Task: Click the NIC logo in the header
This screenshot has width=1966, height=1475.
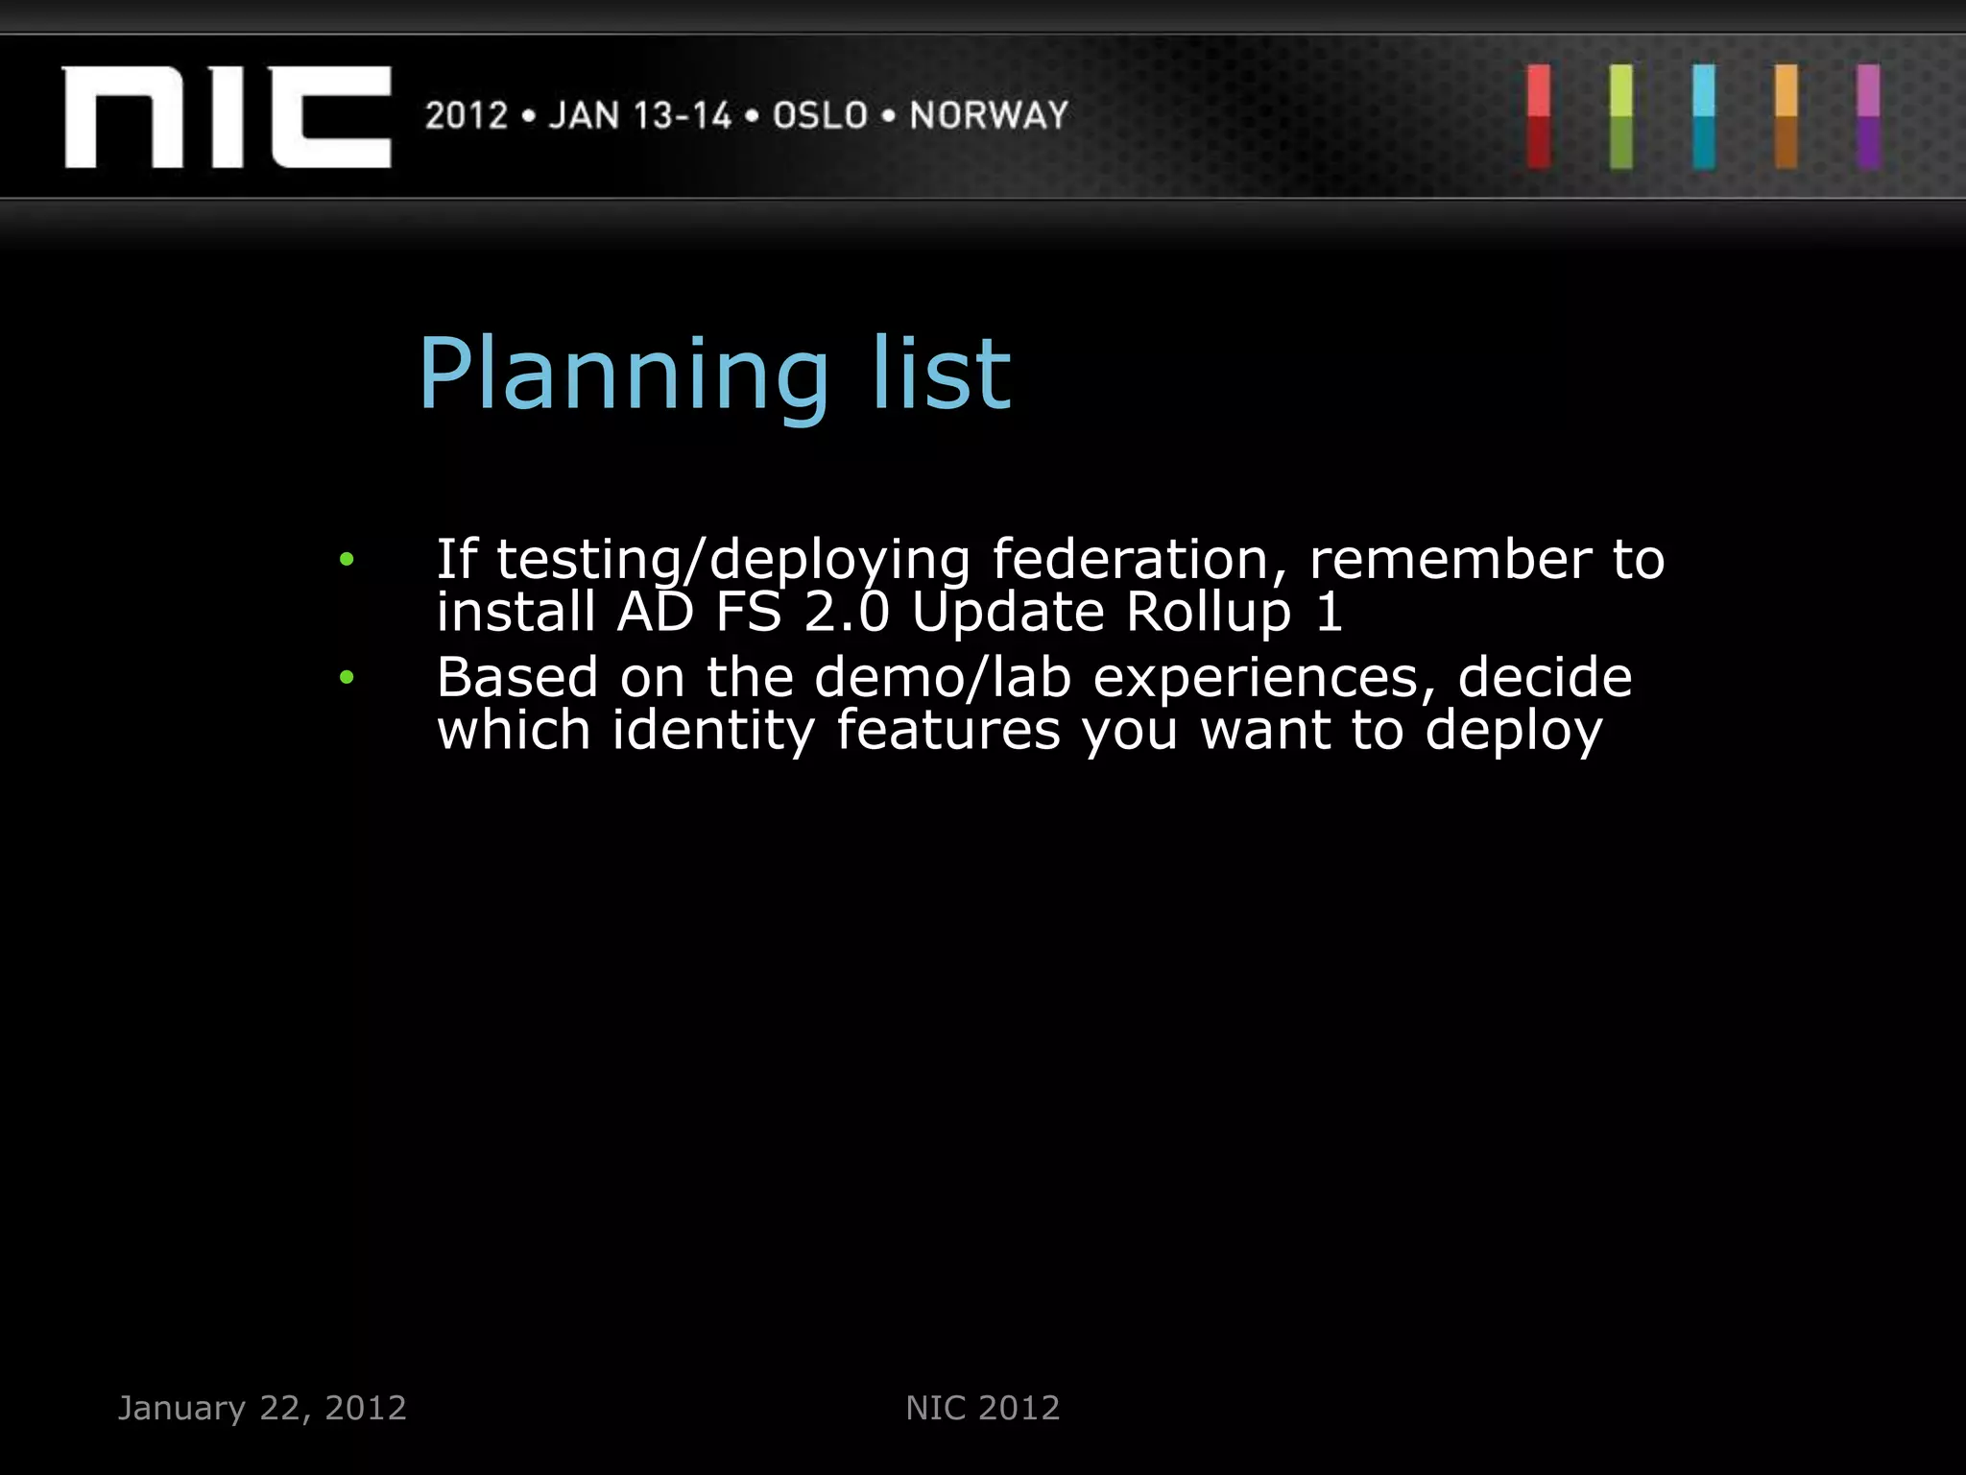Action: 227,117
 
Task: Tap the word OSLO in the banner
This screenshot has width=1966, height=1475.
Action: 820,115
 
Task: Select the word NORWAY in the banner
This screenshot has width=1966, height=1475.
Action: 989,115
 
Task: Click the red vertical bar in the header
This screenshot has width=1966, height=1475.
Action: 1539,117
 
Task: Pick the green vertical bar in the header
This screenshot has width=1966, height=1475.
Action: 1621,117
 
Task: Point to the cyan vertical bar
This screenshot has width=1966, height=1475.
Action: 1704,117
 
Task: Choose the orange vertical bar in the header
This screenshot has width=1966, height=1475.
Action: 1786,117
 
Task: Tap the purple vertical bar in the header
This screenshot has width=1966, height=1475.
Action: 1868,117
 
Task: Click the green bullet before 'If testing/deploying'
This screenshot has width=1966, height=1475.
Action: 347,559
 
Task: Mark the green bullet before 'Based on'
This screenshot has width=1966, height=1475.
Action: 347,678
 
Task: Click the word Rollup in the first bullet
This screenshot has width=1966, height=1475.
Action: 1208,613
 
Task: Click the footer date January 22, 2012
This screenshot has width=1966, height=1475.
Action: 262,1408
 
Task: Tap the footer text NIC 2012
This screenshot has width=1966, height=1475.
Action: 983,1408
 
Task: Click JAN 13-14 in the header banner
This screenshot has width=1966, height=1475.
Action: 640,115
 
